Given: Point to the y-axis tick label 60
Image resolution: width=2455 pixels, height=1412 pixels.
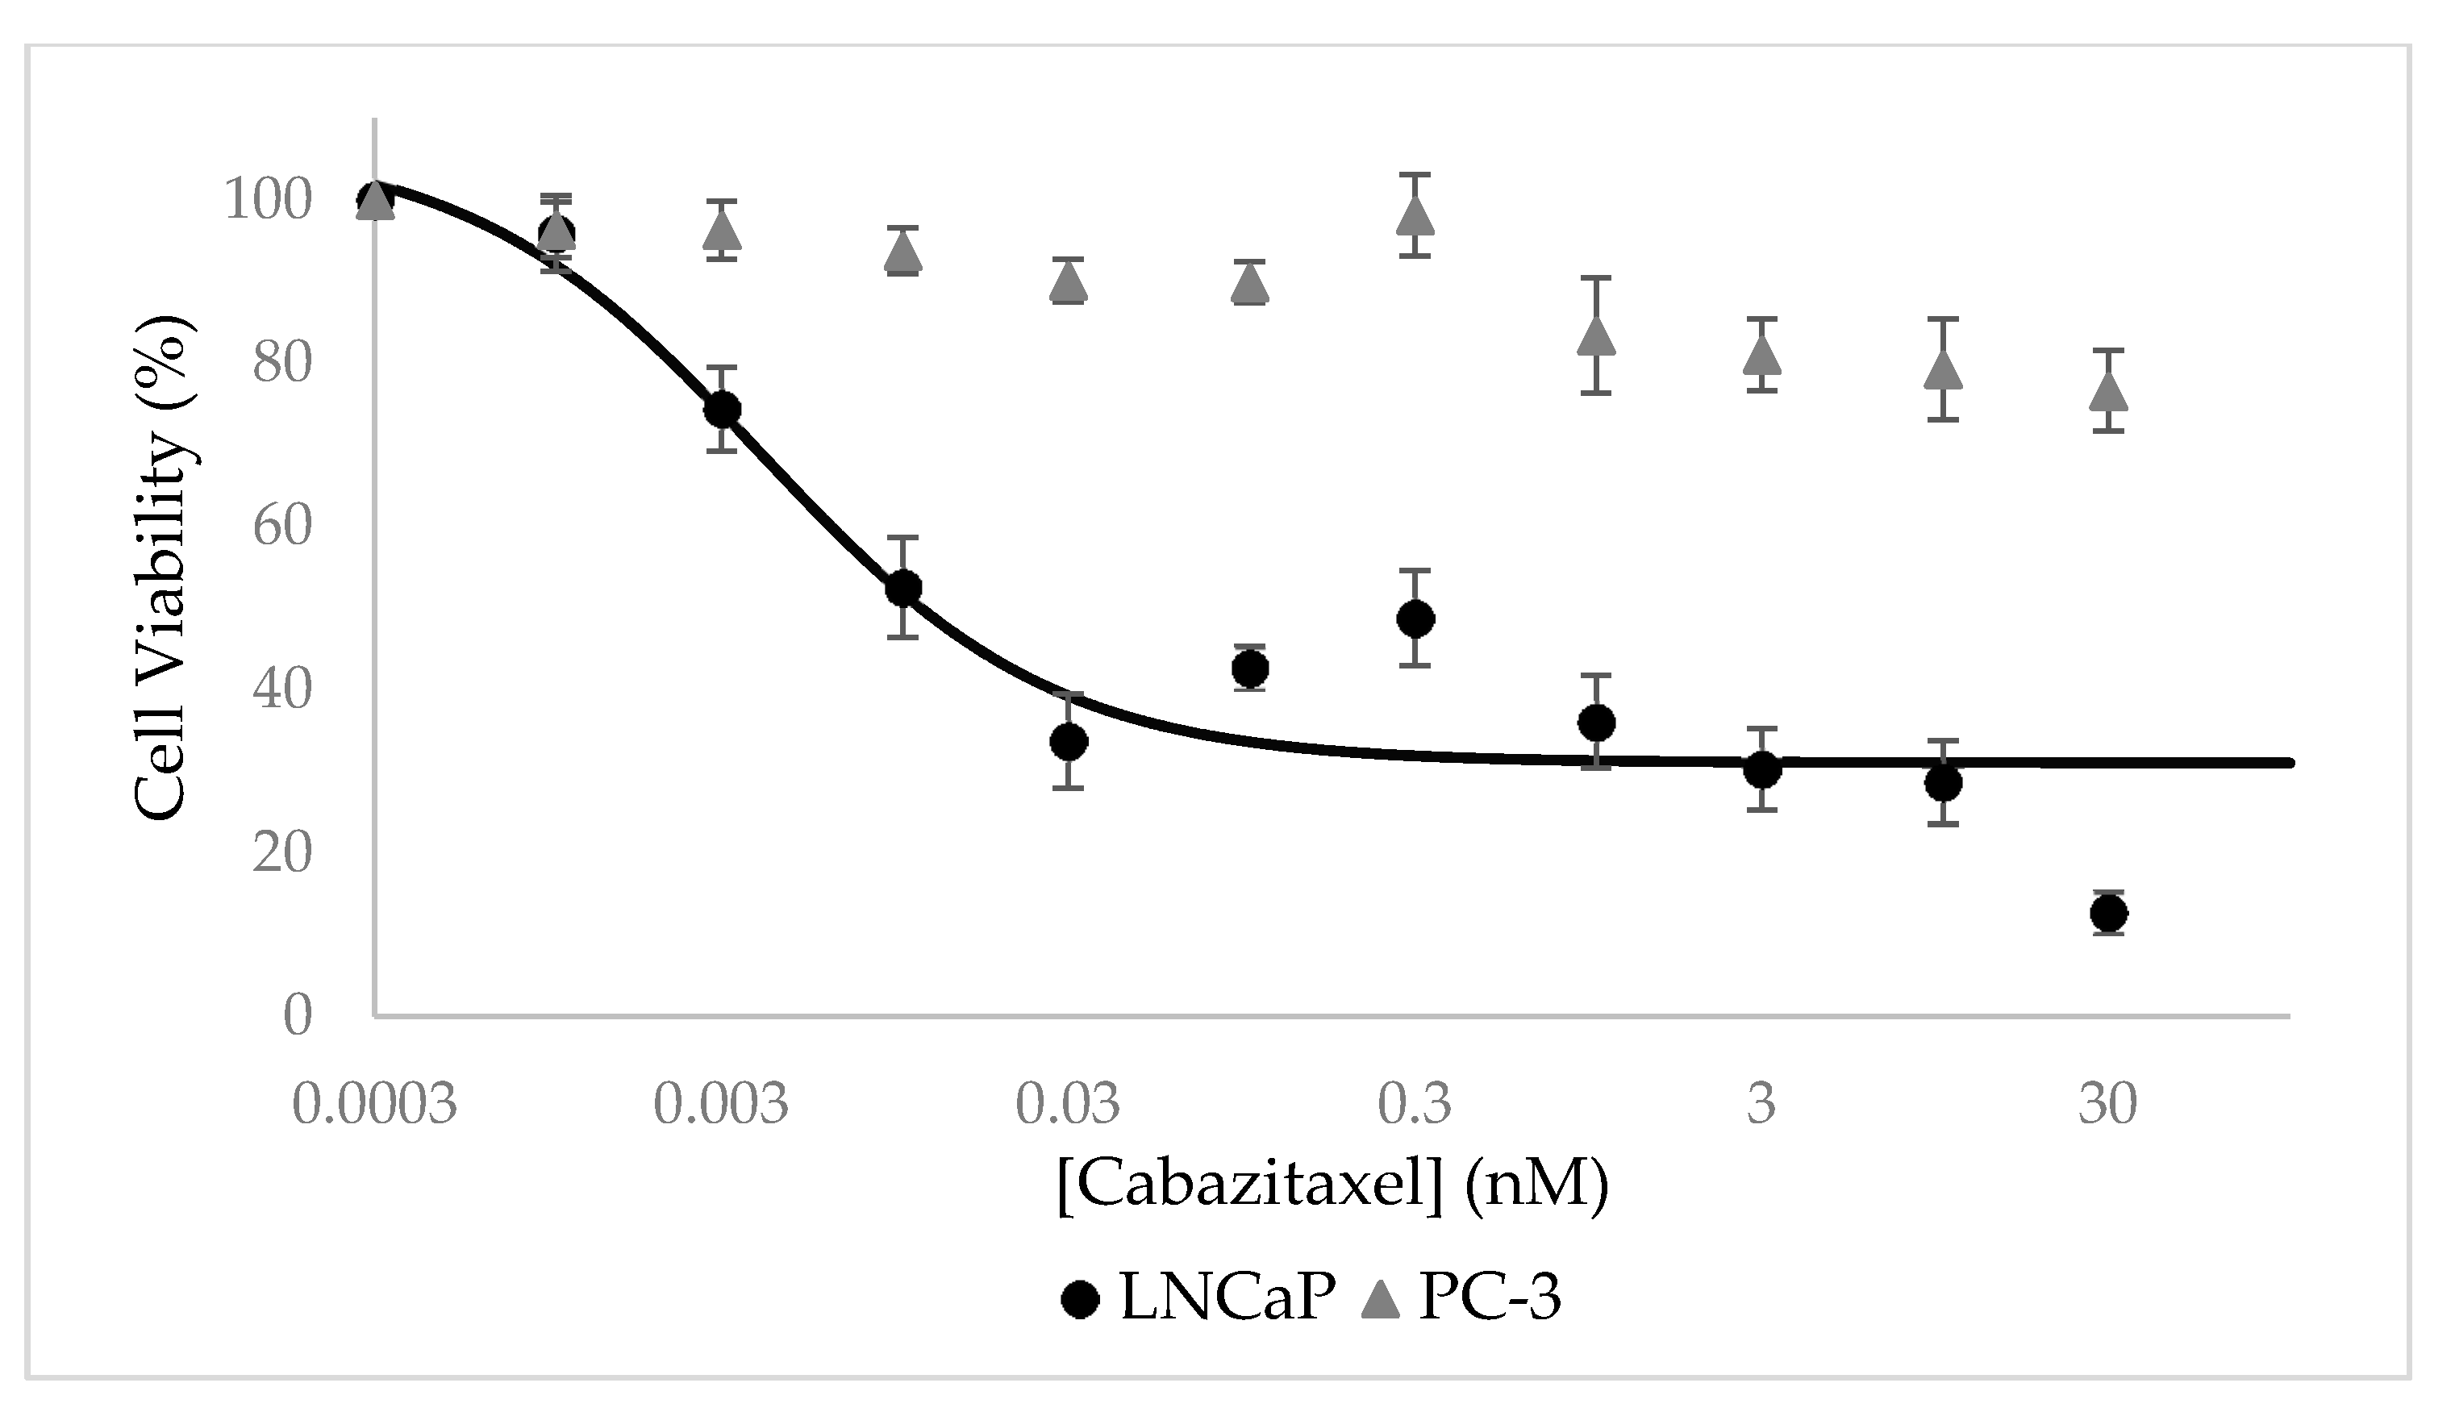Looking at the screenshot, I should click(x=282, y=527).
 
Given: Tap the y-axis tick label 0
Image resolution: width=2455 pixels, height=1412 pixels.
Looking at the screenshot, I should click(x=298, y=1015).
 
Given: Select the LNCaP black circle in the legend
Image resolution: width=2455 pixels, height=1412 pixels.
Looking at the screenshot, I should click(x=1080, y=1297).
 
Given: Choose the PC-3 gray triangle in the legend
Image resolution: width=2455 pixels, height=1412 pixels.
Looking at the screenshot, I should click(x=1381, y=1297).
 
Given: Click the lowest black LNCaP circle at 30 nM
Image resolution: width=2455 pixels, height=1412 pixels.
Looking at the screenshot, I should click(x=2109, y=913).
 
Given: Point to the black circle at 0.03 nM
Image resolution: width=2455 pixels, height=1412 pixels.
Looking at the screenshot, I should click(x=1069, y=742).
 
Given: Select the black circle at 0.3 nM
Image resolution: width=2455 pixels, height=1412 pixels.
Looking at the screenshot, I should click(x=1415, y=618).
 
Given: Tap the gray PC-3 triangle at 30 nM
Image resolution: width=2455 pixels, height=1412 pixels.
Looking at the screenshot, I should click(x=2109, y=391).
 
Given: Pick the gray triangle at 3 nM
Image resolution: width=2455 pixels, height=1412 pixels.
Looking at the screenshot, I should click(x=1761, y=355).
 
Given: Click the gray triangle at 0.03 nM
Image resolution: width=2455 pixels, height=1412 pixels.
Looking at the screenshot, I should click(x=1069, y=281).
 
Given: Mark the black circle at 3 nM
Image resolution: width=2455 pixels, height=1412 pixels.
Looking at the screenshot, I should click(x=1761, y=770).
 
